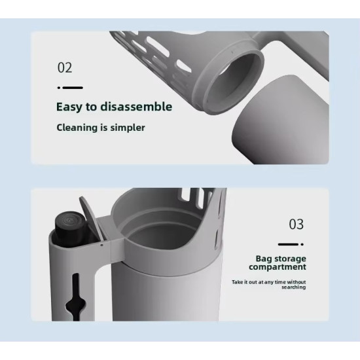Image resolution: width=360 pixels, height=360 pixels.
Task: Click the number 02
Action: coord(65,67)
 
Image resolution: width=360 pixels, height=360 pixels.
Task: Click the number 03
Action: coord(296,224)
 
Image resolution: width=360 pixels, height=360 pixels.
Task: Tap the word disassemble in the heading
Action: coord(136,107)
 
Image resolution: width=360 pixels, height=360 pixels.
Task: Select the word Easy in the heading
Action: coord(69,107)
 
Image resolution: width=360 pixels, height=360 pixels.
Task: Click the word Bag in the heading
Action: coord(264,259)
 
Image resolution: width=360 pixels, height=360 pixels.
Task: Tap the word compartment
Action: coord(278,267)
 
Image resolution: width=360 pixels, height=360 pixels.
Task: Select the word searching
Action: coord(294,287)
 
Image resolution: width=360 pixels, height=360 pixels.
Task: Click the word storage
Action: coord(290,259)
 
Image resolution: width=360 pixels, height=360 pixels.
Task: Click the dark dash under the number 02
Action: coord(73,88)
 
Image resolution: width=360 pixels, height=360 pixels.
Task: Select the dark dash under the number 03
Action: coord(289,244)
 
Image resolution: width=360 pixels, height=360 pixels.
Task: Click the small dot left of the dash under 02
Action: coord(59,88)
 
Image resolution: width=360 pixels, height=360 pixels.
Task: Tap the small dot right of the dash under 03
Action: coord(302,244)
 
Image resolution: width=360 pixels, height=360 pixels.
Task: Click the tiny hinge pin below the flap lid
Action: coord(101,245)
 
